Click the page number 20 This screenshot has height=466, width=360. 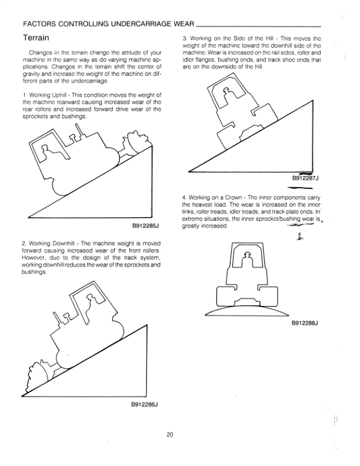pos(169,435)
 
